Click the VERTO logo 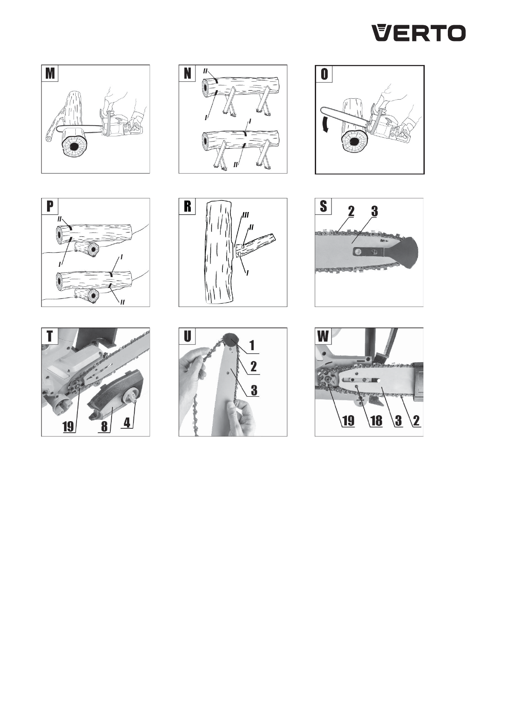tap(419, 33)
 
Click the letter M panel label tap(50, 74)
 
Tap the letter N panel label tap(187, 74)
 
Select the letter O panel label tap(324, 74)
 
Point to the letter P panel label tap(50, 207)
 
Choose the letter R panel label tap(187, 207)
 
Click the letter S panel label tap(323, 207)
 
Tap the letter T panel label tap(50, 336)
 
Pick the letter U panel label tap(187, 336)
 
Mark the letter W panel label tap(323, 336)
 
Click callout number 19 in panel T tap(69, 427)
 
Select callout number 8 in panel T tap(104, 427)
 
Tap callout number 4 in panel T tap(127, 422)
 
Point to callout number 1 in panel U tap(252, 346)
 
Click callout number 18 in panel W tap(376, 420)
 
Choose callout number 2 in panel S tap(351, 211)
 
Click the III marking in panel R tap(246, 214)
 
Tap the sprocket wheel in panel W tap(327, 380)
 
